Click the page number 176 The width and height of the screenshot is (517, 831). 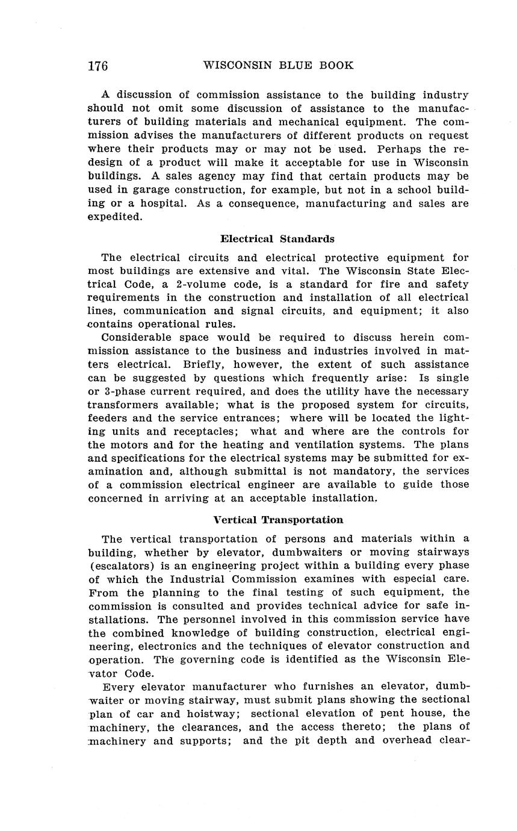coord(98,66)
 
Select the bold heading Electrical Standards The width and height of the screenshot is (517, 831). coord(277,238)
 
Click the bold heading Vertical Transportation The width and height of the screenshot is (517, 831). coord(278,520)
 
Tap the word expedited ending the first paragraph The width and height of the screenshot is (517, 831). coord(115,217)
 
